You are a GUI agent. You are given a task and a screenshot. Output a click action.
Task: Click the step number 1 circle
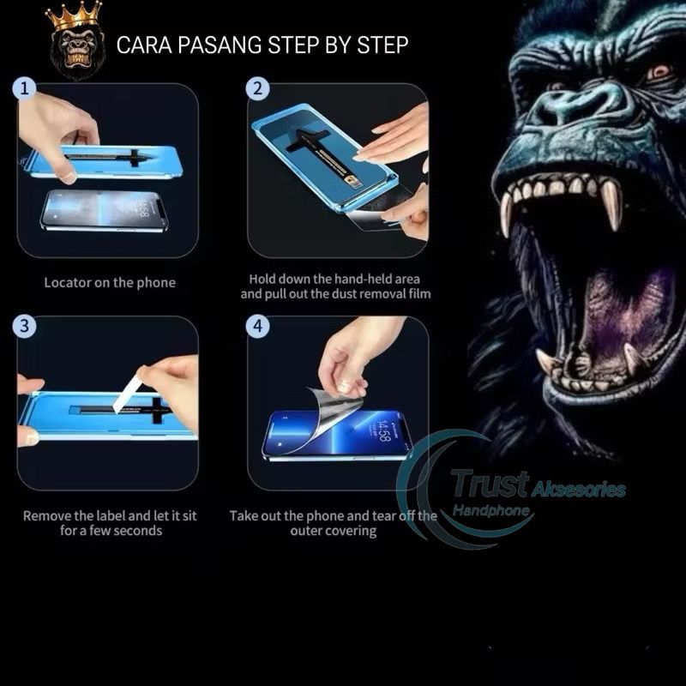pyautogui.click(x=24, y=89)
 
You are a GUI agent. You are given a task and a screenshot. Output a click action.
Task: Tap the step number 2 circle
pyautogui.click(x=258, y=89)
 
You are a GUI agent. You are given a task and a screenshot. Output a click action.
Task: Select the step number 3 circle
pyautogui.click(x=24, y=326)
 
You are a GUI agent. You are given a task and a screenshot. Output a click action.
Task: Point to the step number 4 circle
pyautogui.click(x=258, y=326)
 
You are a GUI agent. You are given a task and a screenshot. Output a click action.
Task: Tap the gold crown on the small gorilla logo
pyautogui.click(x=75, y=15)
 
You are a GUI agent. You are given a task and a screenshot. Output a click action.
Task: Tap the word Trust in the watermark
pyautogui.click(x=490, y=484)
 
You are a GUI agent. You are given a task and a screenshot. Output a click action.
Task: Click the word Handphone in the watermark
pyautogui.click(x=490, y=510)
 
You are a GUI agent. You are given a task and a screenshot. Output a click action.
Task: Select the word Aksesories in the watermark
pyautogui.click(x=578, y=490)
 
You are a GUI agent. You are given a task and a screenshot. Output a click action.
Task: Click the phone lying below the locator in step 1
pyautogui.click(x=105, y=210)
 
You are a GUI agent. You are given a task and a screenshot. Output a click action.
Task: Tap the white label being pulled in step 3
pyautogui.click(x=127, y=394)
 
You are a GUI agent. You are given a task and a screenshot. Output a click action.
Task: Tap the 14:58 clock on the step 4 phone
pyautogui.click(x=382, y=431)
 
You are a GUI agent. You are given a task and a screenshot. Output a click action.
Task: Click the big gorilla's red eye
pyautogui.click(x=659, y=70)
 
